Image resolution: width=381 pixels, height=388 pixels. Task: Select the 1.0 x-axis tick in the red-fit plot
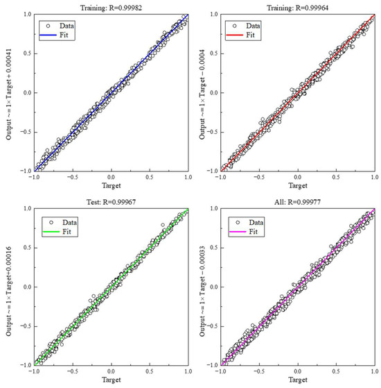click(374, 178)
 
